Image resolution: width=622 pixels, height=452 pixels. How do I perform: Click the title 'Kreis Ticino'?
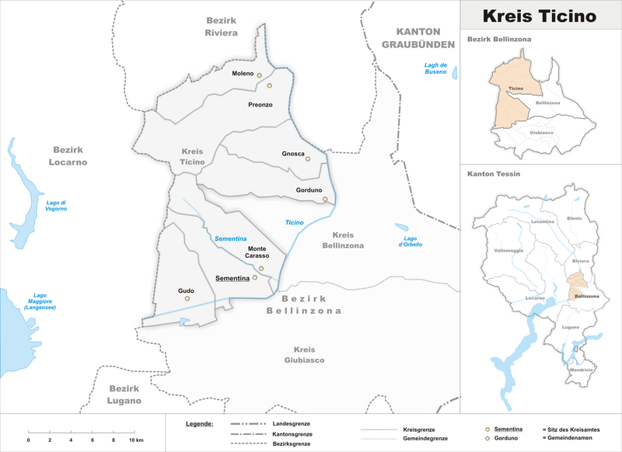click(x=540, y=16)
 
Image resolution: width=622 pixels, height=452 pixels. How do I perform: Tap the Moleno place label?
click(x=243, y=74)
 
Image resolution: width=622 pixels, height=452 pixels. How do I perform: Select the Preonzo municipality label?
click(x=260, y=104)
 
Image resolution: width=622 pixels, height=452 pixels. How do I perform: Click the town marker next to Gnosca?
click(x=308, y=159)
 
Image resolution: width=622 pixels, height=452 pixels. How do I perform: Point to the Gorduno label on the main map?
click(x=309, y=190)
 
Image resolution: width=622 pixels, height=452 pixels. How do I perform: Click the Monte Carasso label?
click(x=258, y=252)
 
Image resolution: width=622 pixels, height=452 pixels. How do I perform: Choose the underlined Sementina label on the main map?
click(x=232, y=277)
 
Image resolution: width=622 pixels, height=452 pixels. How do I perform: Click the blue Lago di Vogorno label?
click(x=57, y=206)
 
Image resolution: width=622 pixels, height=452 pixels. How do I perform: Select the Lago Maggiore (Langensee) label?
click(x=40, y=301)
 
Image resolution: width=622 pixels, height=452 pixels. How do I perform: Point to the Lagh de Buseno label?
click(x=436, y=68)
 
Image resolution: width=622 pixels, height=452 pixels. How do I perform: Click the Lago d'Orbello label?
click(x=411, y=241)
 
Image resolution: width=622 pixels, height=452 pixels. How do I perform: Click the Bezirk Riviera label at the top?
click(x=221, y=26)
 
